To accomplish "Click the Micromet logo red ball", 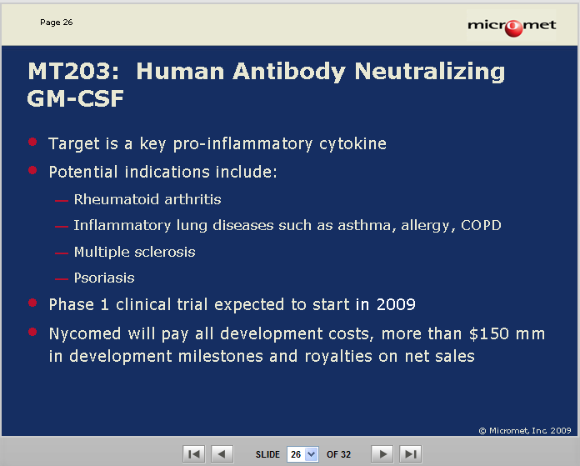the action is [x=513, y=28].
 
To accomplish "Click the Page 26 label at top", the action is [x=56, y=23].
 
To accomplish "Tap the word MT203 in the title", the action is [x=73, y=71].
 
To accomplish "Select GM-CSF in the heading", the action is [x=76, y=98].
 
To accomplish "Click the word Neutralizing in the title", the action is [x=430, y=72].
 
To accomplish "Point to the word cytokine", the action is [x=352, y=144].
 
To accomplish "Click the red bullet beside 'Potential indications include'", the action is [x=32, y=170].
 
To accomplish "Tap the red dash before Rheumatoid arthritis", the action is [x=62, y=201].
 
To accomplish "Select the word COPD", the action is [x=481, y=225].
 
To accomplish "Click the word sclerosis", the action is [x=165, y=252].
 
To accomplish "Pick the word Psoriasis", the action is [x=104, y=278].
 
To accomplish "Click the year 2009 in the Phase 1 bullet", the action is [x=396, y=304].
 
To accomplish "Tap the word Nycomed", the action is [x=85, y=334].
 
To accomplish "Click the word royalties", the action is [x=338, y=357].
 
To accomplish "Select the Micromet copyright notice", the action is [x=525, y=430].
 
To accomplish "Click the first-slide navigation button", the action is [x=194, y=453].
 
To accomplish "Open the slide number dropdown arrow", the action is [x=312, y=454].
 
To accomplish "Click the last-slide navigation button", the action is [x=411, y=453].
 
